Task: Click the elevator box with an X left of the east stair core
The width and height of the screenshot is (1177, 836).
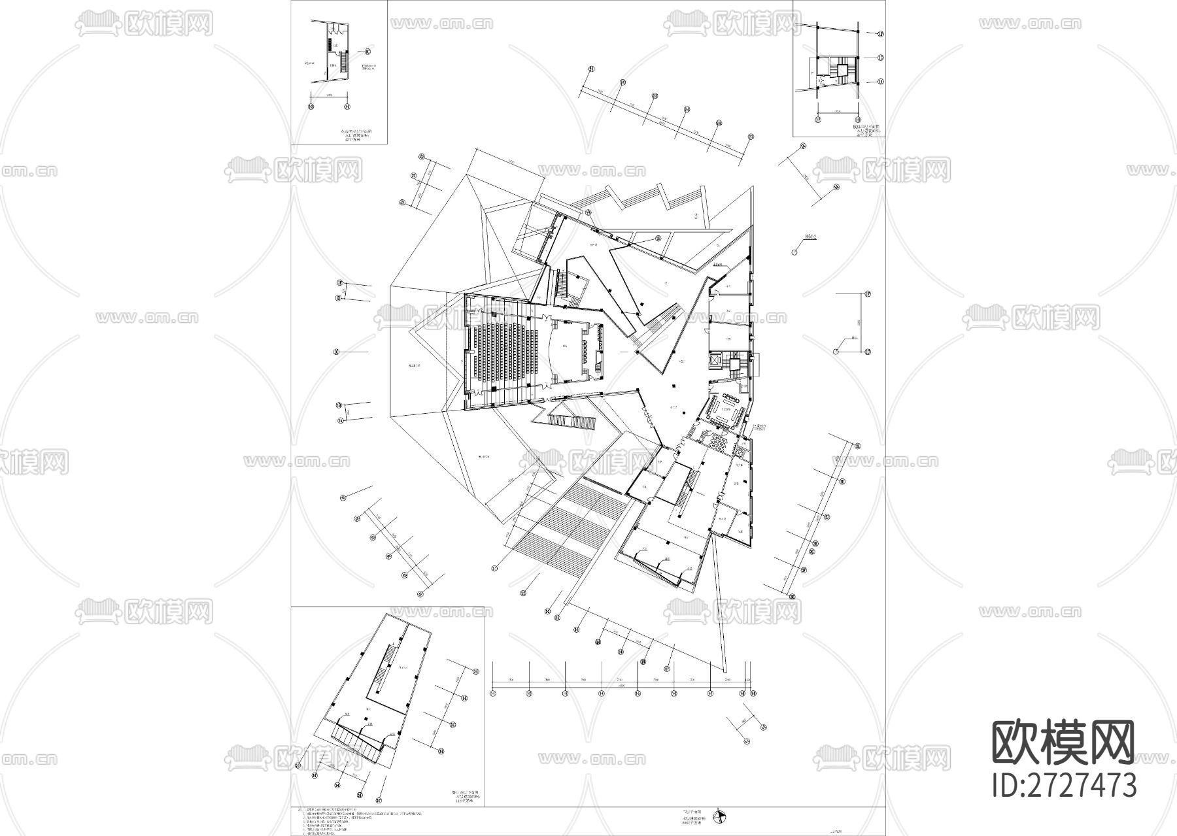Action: (x=714, y=361)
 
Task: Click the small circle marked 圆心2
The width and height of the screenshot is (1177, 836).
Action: (x=794, y=251)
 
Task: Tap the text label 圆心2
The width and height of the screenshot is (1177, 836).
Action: (x=811, y=239)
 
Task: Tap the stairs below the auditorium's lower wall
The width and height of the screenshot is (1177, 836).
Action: (x=572, y=422)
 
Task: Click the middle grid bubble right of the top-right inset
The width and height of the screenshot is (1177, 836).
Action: (x=880, y=58)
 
